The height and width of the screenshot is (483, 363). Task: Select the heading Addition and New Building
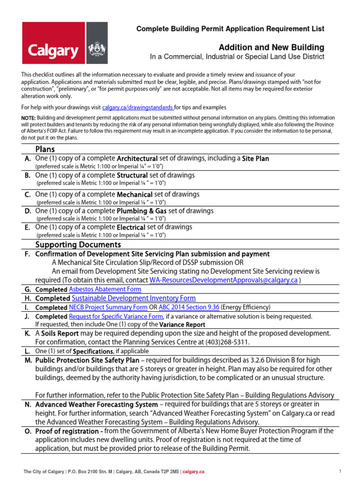271,47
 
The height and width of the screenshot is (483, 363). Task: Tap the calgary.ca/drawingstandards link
138,108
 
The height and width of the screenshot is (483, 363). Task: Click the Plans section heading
45,149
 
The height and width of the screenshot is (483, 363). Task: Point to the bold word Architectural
137,158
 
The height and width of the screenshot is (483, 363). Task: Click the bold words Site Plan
255,158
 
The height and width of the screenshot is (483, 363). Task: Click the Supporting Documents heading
78,244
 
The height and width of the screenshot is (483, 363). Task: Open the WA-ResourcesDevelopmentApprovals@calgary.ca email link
223,280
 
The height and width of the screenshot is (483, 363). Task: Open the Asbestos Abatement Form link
105,289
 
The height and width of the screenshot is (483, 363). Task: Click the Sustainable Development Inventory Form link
133,298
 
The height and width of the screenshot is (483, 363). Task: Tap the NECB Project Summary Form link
104,307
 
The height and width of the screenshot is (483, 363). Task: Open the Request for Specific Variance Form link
116,316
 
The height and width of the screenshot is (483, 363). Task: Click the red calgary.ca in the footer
193,471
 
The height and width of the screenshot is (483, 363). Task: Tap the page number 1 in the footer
340,471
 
